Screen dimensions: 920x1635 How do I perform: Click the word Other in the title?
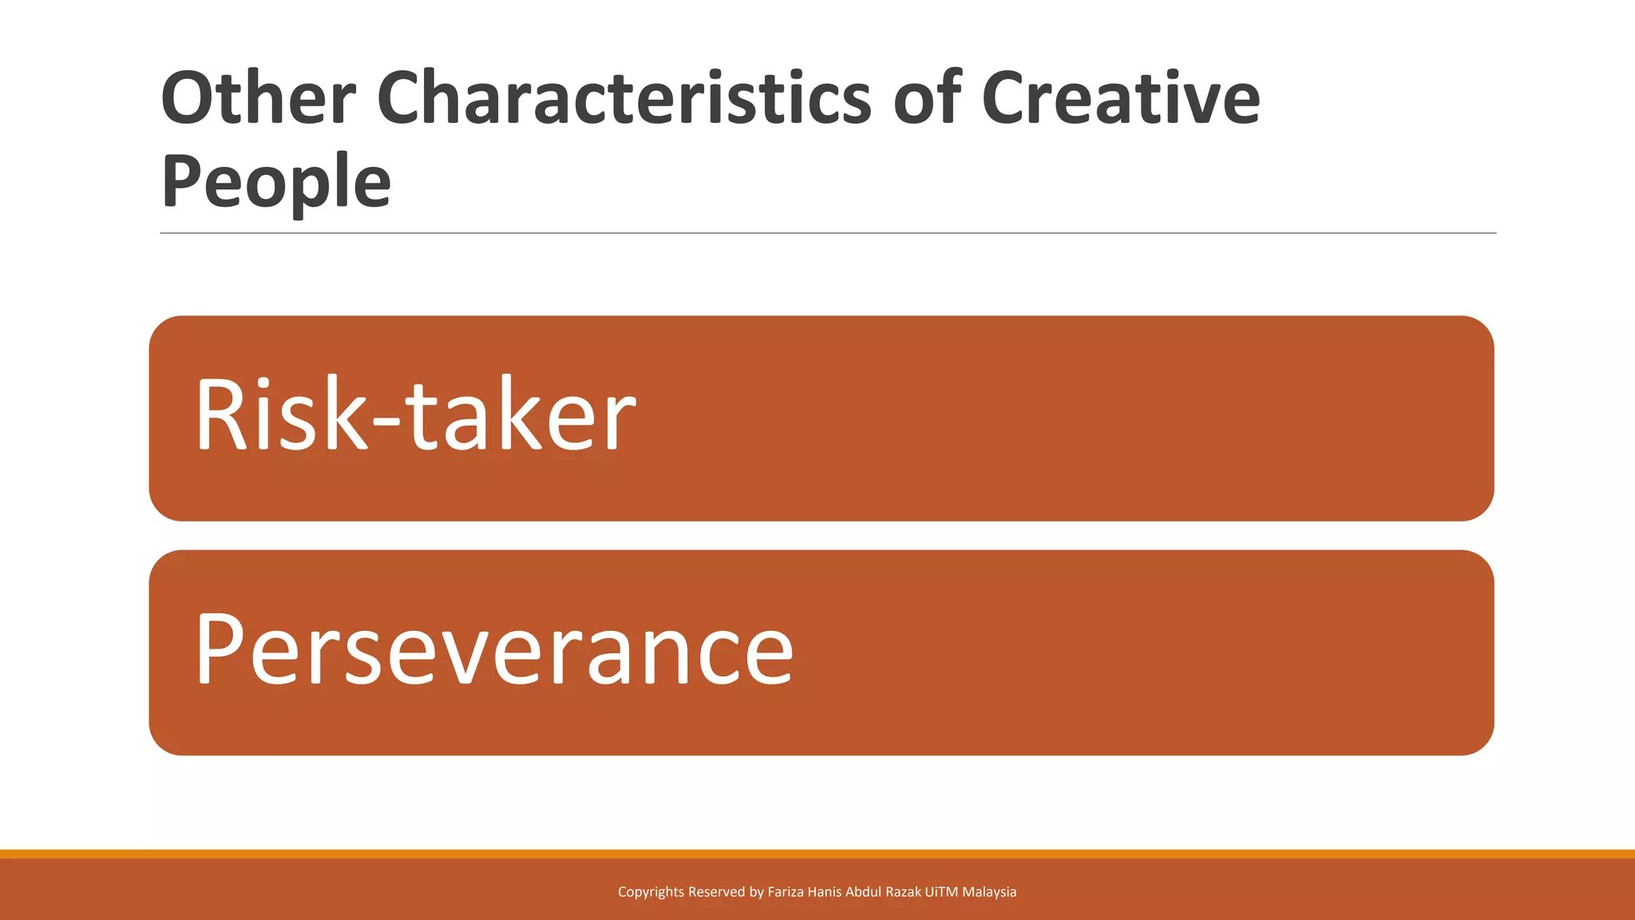(x=258, y=98)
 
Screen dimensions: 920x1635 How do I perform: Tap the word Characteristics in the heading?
(x=624, y=98)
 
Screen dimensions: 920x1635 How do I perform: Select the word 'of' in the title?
(x=927, y=98)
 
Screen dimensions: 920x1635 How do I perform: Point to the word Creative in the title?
(x=1120, y=98)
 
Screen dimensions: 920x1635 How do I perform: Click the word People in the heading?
(x=276, y=183)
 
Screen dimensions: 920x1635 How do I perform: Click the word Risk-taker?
(x=415, y=415)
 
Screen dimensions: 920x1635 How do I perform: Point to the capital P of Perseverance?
(x=219, y=648)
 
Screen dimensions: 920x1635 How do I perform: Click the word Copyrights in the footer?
(x=651, y=892)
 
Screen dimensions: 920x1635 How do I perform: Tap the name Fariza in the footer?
(x=786, y=892)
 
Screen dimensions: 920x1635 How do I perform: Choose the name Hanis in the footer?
(x=825, y=892)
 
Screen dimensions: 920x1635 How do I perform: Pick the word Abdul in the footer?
(x=863, y=892)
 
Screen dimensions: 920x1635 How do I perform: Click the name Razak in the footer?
(x=903, y=892)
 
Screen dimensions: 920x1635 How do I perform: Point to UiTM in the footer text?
(x=941, y=892)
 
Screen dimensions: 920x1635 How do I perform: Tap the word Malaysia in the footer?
(x=989, y=892)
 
